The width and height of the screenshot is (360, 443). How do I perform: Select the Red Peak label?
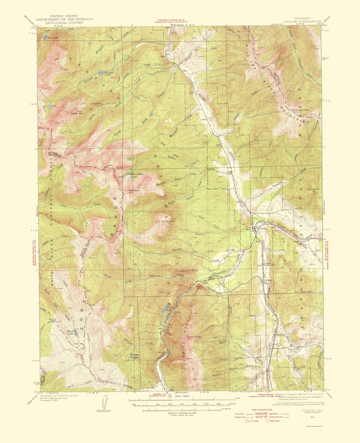coord(133,190)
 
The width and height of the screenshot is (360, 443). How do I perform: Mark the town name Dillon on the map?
coord(262,229)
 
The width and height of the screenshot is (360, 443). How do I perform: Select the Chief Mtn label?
coord(193,271)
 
